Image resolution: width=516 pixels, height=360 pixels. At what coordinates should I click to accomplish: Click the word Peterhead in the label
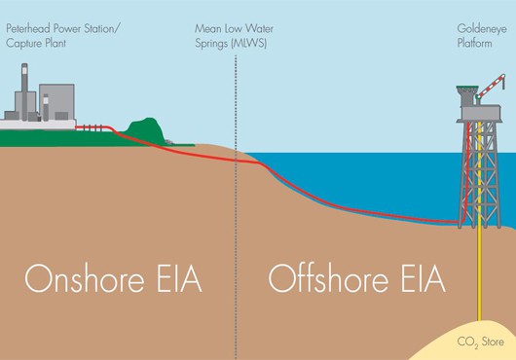(28, 28)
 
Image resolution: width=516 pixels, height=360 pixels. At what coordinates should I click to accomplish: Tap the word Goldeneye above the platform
(482, 29)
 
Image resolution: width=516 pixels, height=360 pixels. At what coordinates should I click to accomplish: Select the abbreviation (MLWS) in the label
(249, 44)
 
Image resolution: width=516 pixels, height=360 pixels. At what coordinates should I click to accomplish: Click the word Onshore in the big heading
(85, 279)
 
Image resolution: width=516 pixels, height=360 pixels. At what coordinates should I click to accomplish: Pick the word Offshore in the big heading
(328, 279)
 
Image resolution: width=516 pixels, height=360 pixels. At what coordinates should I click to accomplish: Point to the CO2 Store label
(480, 342)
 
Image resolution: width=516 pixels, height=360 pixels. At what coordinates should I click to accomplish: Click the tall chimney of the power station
(24, 91)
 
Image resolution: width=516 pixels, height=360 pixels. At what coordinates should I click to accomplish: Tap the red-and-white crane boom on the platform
(491, 86)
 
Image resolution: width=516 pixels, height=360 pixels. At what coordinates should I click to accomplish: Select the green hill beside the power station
(145, 130)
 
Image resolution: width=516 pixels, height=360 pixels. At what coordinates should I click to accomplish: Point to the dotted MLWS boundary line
(236, 207)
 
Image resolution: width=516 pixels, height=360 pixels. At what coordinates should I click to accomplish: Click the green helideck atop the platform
(466, 88)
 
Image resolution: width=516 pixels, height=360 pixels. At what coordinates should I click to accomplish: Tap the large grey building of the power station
(56, 102)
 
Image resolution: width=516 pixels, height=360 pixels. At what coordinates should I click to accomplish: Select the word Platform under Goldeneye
(474, 44)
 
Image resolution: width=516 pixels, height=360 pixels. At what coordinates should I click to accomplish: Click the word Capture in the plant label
(22, 44)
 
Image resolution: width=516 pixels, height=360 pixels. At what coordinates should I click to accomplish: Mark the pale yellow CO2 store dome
(466, 341)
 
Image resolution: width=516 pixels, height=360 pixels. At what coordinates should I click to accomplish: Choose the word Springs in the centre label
(212, 44)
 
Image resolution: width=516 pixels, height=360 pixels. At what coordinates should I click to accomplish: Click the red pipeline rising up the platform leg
(467, 172)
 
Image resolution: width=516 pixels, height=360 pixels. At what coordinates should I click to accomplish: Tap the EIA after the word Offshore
(424, 279)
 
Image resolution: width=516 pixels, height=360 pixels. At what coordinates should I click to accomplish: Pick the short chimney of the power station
(46, 107)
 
